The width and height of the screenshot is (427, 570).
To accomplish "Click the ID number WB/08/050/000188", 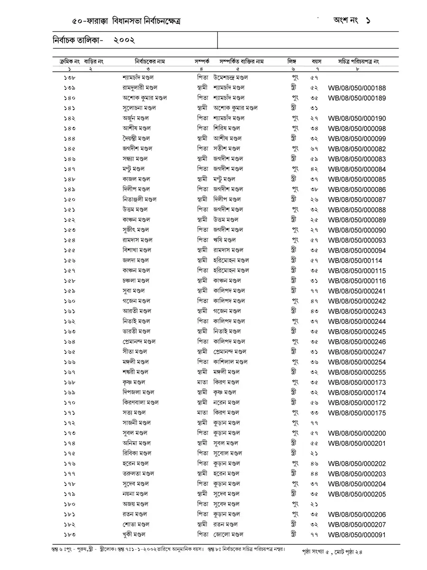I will pos(357,88).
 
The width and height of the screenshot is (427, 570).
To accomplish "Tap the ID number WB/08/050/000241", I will pos(357,291).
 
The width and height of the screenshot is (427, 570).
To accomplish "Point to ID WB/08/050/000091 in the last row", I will pos(357,534).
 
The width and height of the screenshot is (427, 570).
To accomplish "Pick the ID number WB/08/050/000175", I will pos(357,413).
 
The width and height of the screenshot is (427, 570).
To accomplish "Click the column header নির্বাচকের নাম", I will pos(149,62).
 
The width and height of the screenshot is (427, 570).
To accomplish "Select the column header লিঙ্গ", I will pos(291,62).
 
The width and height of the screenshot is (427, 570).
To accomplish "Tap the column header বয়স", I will pos(316,62).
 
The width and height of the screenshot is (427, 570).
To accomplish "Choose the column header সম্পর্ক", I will pos(202,62).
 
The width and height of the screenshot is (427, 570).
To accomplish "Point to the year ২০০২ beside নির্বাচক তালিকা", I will pos(124,41).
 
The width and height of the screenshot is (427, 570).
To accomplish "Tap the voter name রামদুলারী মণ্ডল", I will pos(140,88).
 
